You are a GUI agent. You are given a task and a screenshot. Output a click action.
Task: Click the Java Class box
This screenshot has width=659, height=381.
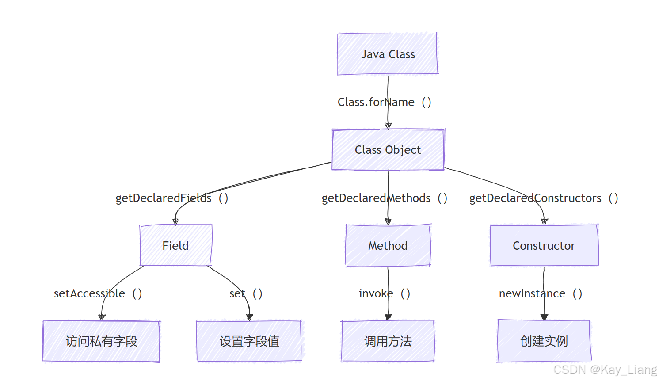388,54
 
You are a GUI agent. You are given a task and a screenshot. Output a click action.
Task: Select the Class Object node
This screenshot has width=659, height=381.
388,150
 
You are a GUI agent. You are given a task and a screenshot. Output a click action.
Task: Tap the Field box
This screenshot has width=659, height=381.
175,245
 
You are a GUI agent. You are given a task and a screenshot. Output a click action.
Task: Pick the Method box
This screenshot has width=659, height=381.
388,245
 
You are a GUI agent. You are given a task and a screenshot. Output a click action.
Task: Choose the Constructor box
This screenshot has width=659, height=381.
544,245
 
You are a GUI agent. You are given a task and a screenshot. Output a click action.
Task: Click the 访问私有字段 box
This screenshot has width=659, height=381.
101,341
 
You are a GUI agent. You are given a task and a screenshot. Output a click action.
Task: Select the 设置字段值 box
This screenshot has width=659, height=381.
249,341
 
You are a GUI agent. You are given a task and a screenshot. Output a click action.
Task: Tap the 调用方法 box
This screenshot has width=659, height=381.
388,341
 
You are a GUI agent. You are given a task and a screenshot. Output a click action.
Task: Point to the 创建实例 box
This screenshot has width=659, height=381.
544,341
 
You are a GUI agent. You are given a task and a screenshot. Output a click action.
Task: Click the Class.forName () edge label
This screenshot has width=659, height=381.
384,102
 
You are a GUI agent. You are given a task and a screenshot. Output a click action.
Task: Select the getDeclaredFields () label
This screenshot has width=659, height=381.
171,198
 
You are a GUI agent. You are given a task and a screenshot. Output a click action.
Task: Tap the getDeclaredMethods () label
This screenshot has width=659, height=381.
384,198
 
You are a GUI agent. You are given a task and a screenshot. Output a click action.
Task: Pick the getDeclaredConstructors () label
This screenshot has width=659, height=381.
543,198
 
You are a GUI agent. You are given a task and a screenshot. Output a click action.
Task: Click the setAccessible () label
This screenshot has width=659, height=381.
98,293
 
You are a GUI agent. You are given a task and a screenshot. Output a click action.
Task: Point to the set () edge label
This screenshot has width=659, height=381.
246,293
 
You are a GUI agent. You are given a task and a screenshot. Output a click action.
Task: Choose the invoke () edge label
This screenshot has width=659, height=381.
384,293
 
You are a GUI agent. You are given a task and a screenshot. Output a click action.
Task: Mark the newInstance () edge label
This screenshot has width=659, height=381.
540,293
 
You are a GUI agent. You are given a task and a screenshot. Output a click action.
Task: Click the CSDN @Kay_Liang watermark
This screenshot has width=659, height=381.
605,370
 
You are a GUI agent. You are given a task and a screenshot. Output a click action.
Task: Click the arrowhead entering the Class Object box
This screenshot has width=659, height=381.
388,126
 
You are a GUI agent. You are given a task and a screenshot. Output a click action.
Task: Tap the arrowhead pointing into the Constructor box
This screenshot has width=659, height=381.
545,221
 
